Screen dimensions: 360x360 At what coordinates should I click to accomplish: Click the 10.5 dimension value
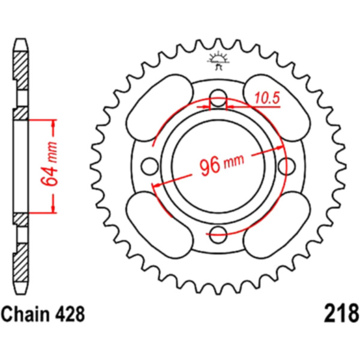pos(267,98)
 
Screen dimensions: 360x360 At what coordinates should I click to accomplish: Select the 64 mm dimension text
pos(49,163)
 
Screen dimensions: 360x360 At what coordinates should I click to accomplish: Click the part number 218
pos(341,314)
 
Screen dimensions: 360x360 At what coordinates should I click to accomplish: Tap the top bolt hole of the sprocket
pos(218,98)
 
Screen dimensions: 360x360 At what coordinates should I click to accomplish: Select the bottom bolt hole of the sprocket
pos(218,235)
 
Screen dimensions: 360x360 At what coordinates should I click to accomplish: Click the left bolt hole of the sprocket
pos(150,166)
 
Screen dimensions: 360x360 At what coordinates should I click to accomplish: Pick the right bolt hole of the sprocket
pos(287,166)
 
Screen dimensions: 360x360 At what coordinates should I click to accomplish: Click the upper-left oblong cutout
pos(160,107)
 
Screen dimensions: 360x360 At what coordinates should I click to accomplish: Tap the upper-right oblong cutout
pos(277,107)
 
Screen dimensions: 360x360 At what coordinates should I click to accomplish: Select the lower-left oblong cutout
pos(160,225)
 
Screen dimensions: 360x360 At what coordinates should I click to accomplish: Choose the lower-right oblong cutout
pos(277,225)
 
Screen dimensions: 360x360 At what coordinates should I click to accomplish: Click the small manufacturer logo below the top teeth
pos(218,61)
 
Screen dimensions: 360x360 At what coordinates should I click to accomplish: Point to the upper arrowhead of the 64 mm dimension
pos(53,123)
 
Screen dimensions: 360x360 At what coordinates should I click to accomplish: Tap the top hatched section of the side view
pos(22,71)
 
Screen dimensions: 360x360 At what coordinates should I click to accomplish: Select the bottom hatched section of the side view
pos(22,262)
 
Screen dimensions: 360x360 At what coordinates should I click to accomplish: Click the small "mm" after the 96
pos(233,161)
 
